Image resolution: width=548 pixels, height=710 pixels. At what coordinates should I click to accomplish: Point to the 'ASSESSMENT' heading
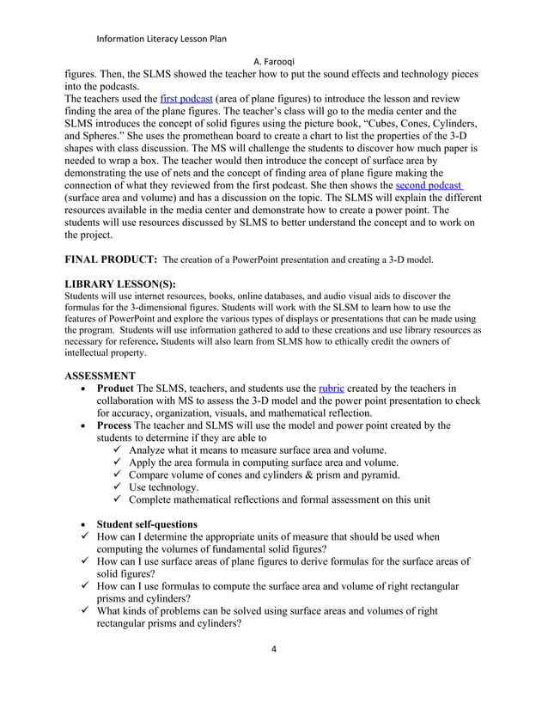100,376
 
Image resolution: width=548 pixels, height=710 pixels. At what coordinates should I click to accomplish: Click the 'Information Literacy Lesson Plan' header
161,39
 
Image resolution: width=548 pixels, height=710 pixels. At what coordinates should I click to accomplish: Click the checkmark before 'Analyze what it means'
119,450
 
